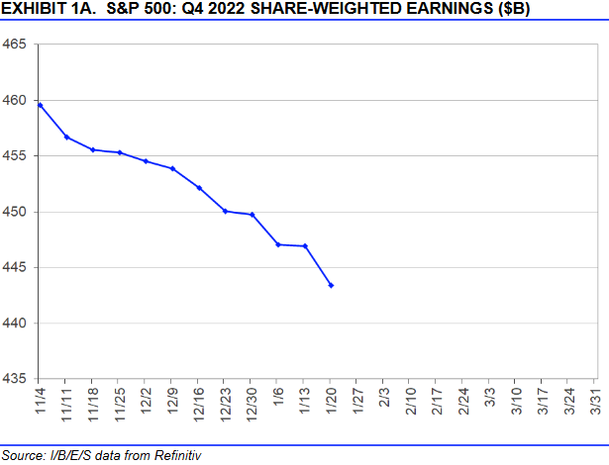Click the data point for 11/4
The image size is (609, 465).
click(39, 105)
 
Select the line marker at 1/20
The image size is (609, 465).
click(331, 286)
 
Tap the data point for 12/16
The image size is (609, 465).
click(199, 188)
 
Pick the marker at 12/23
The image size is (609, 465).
click(225, 211)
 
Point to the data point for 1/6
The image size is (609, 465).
click(278, 244)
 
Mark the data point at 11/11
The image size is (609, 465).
click(65, 137)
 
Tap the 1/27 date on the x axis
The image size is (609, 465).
click(356, 405)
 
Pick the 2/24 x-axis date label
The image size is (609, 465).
click(462, 407)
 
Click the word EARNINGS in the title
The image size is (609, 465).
click(431, 11)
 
